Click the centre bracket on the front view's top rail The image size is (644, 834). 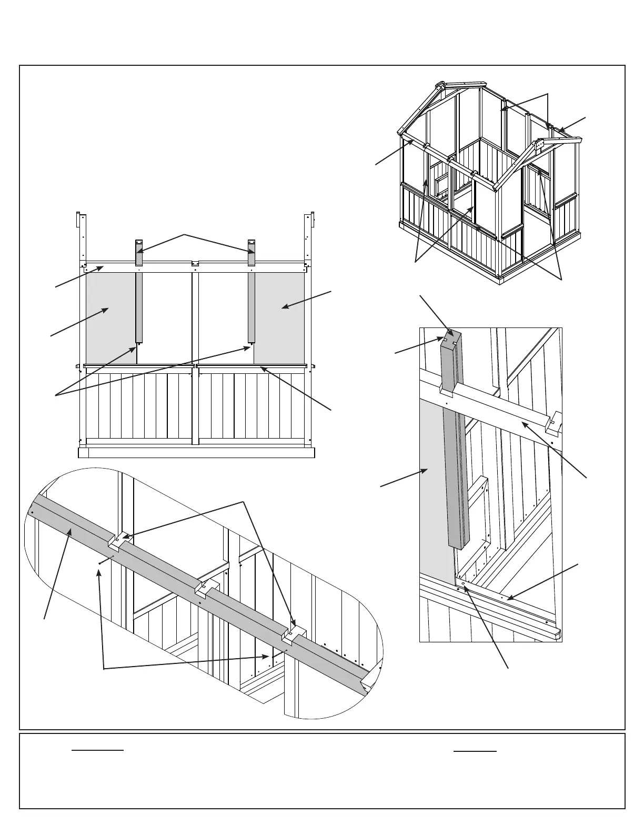195,263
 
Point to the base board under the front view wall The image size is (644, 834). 196,453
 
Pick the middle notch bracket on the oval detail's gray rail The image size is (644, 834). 206,587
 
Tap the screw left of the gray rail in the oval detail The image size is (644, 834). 99,563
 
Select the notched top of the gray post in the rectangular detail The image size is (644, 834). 451,337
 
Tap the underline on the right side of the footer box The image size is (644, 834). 475,751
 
